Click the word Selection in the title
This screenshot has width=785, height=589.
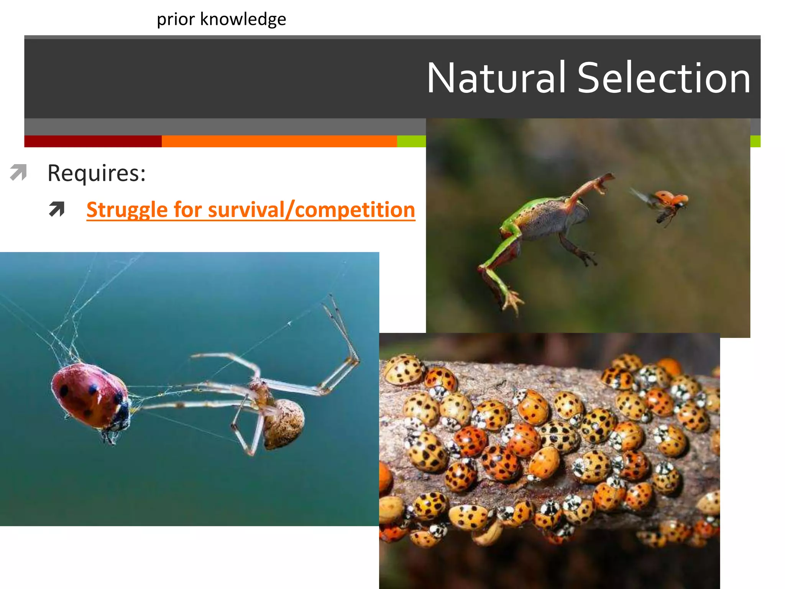(x=663, y=78)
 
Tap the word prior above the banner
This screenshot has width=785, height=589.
(x=176, y=19)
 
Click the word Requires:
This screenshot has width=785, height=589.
(x=97, y=173)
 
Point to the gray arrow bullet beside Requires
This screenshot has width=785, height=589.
(x=18, y=172)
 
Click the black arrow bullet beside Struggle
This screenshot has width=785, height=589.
(x=57, y=209)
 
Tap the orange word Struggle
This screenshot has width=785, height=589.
(x=127, y=210)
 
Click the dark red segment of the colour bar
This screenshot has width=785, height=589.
(x=93, y=141)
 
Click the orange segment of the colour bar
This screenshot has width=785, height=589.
(x=279, y=141)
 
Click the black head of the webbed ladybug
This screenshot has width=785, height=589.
(x=122, y=414)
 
